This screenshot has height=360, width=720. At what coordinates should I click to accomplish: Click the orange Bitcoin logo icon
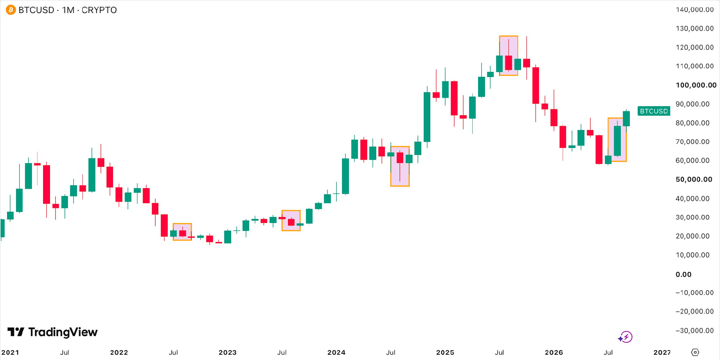[x=11, y=10]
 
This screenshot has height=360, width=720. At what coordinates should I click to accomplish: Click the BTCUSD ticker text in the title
[x=36, y=10]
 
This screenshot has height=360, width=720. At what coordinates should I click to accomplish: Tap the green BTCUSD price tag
[x=654, y=111]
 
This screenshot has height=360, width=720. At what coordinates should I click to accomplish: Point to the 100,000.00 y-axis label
[x=696, y=85]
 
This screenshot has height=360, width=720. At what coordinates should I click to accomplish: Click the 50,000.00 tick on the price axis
[x=694, y=179]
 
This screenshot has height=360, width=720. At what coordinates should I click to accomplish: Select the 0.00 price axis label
[x=683, y=274]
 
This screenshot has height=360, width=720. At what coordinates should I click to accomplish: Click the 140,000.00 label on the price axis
[x=694, y=10]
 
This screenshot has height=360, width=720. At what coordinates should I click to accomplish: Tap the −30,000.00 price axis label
[x=694, y=330]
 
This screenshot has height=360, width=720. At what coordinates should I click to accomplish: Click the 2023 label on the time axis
[x=228, y=352]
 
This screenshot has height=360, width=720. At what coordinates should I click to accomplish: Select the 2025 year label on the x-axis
[x=445, y=352]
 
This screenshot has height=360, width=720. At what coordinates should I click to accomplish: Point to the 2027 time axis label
[x=662, y=352]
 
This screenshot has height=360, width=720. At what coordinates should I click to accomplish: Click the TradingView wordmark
[x=53, y=332]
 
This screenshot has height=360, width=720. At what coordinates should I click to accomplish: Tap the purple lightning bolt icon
[x=625, y=337]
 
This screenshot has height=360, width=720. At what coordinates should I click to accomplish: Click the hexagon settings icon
[x=695, y=352]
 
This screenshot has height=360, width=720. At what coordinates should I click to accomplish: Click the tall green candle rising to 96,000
[x=427, y=117]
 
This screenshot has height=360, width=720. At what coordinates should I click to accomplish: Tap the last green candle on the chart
[x=626, y=118]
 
